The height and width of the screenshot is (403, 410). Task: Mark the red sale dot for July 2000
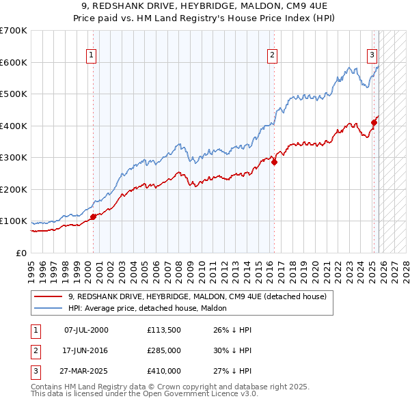(x=93, y=217)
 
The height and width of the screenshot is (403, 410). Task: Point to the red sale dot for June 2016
(x=274, y=163)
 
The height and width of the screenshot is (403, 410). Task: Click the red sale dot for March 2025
(x=374, y=123)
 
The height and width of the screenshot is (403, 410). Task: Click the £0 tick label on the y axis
(x=20, y=253)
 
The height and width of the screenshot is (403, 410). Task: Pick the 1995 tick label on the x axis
(x=31, y=267)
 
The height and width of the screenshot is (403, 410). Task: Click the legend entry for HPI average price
(x=152, y=308)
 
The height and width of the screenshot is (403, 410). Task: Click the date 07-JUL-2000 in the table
(x=86, y=330)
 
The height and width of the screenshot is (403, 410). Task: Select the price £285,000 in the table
(x=163, y=351)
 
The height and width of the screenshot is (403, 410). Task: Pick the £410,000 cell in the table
(x=163, y=372)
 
